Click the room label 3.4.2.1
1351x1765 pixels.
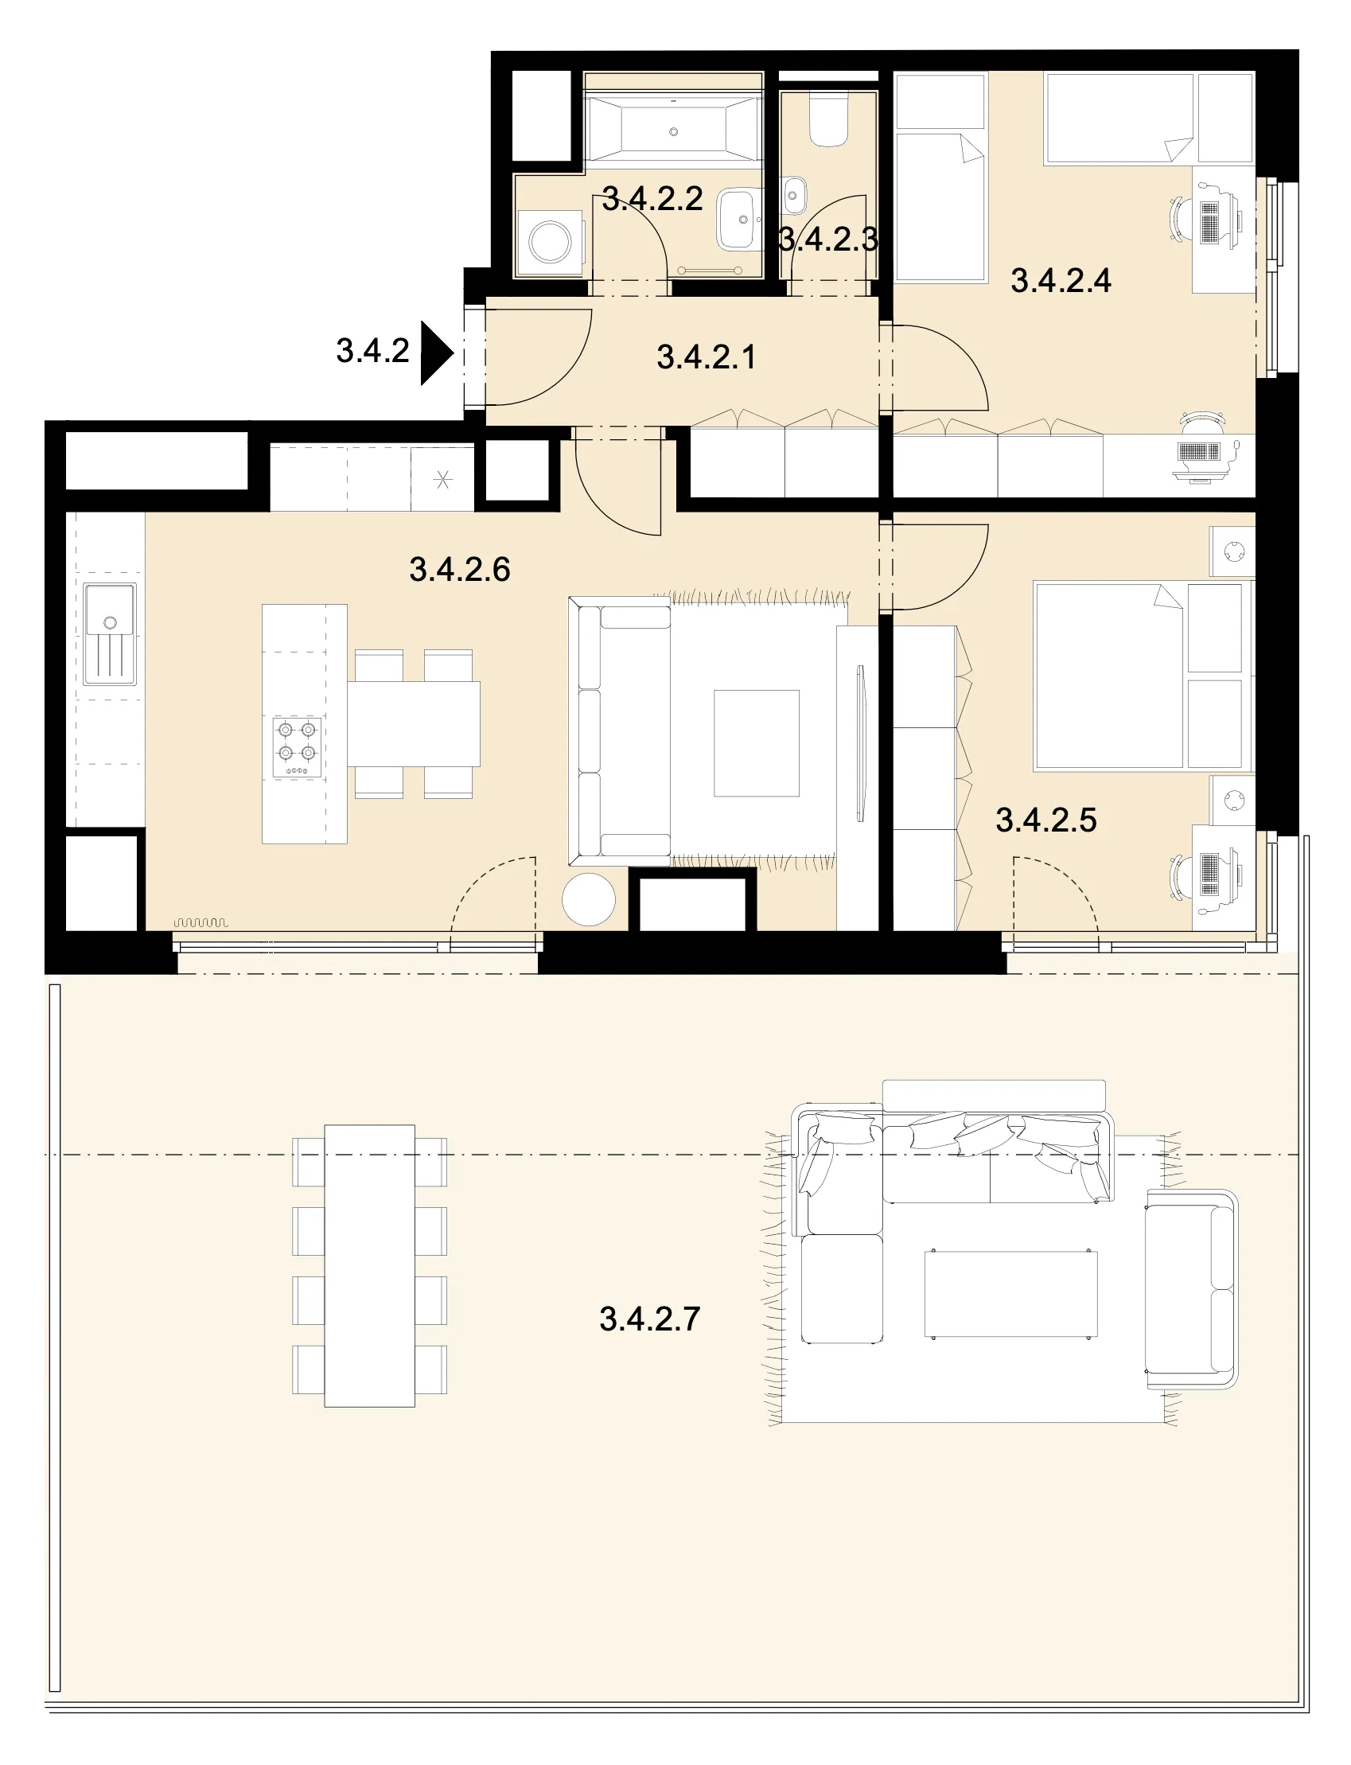click(x=706, y=357)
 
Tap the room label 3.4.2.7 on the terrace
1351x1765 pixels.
click(x=650, y=1319)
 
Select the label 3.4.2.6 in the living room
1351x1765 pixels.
click(x=460, y=569)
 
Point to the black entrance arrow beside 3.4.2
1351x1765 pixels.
click(x=438, y=353)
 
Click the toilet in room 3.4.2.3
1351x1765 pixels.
click(x=828, y=121)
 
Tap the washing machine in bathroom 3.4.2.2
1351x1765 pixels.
click(x=550, y=241)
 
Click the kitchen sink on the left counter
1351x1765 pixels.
click(x=109, y=634)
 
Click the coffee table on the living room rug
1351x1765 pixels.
click(x=757, y=743)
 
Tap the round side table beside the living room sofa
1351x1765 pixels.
click(x=589, y=900)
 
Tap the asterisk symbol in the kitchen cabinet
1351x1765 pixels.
click(x=442, y=481)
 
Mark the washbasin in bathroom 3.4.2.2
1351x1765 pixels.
click(x=738, y=219)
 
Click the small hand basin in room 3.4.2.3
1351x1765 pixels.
click(x=795, y=196)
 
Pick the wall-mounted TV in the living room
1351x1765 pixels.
click(x=860, y=743)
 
